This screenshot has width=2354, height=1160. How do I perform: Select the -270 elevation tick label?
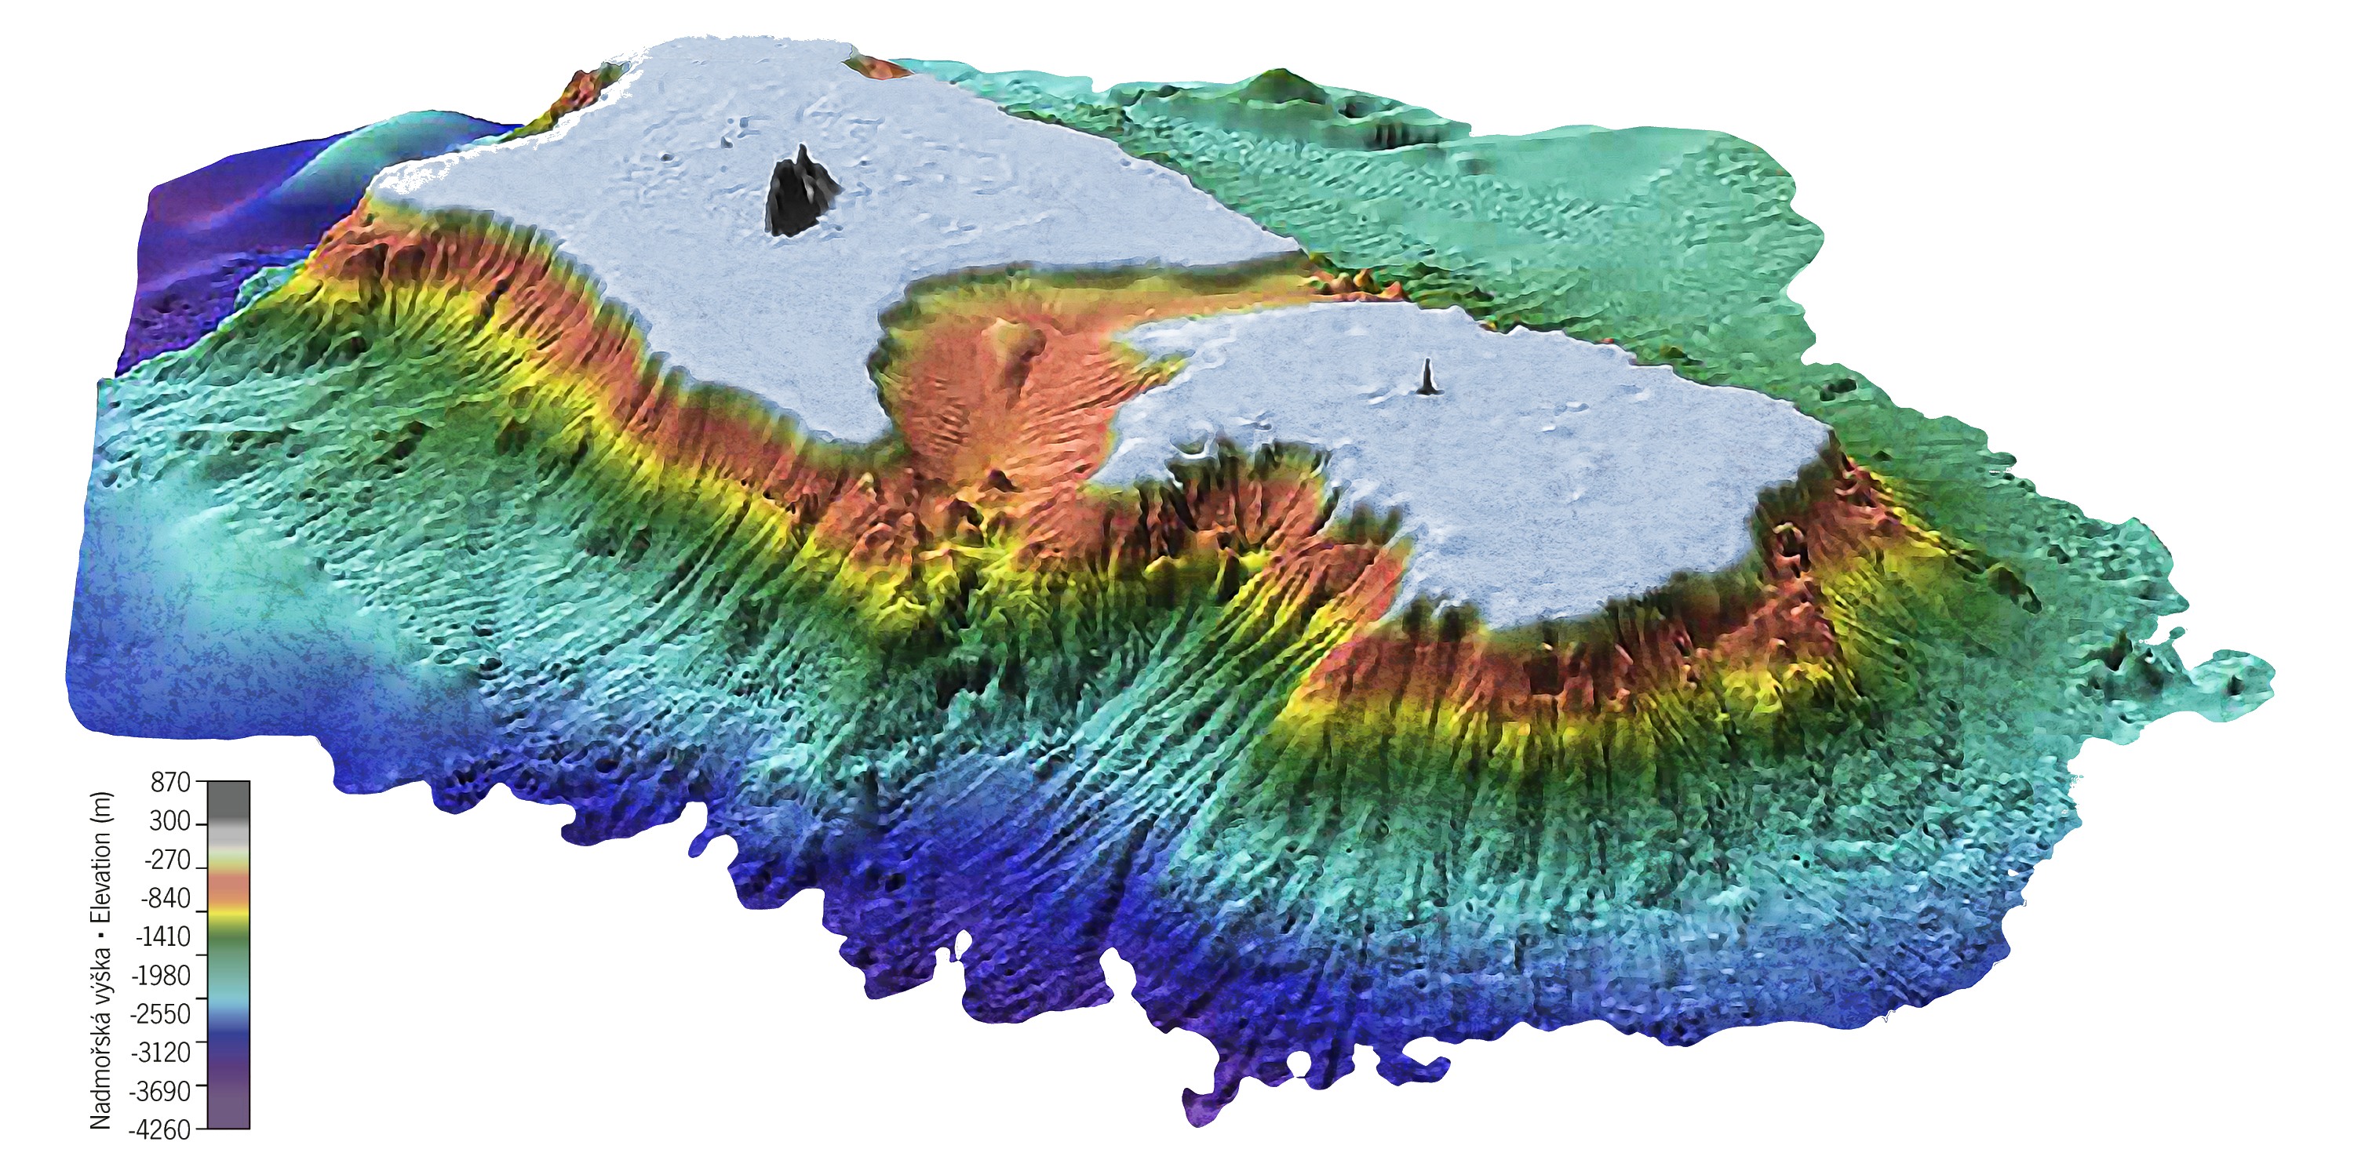tap(167, 860)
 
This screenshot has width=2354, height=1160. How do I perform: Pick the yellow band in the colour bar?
tap(228, 914)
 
